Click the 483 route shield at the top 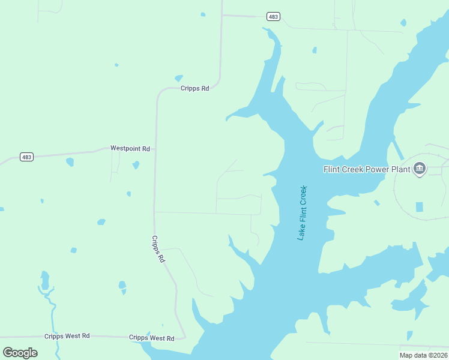tap(273, 17)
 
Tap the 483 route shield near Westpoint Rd tap(26, 157)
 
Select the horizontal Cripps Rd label tap(194, 88)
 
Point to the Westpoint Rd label tap(130, 148)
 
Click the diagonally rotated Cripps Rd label tap(158, 248)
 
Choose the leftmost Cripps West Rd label tap(67, 336)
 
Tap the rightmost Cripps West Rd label tap(151, 338)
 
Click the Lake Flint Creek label tap(303, 213)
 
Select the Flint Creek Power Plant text tap(367, 169)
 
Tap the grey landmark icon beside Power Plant tap(420, 169)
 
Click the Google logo tap(20, 352)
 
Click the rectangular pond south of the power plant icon tap(419, 207)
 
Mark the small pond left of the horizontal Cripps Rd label tap(178, 78)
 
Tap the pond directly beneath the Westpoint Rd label tap(136, 165)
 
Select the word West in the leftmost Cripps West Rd tap(73, 336)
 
